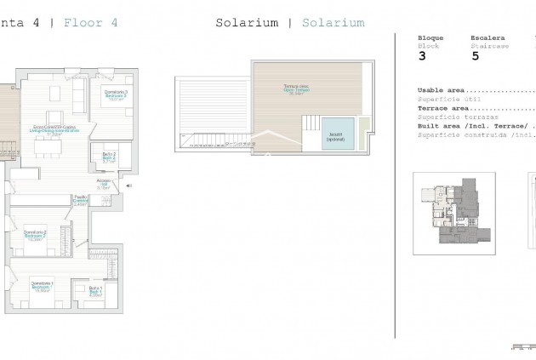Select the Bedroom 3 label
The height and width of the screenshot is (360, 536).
(116, 94)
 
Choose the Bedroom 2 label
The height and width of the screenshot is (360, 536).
(35, 235)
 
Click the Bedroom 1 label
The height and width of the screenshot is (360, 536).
(42, 286)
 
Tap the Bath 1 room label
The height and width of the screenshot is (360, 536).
(95, 292)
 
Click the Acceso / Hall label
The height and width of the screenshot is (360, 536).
(104, 182)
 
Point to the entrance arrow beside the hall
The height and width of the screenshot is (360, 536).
(128, 185)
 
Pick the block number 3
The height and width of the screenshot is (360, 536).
(423, 57)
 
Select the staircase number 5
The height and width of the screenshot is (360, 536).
(475, 57)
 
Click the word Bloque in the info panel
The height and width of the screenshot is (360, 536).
(431, 38)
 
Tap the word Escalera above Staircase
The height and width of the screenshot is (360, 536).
(488, 38)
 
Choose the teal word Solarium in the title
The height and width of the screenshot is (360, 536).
(333, 23)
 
